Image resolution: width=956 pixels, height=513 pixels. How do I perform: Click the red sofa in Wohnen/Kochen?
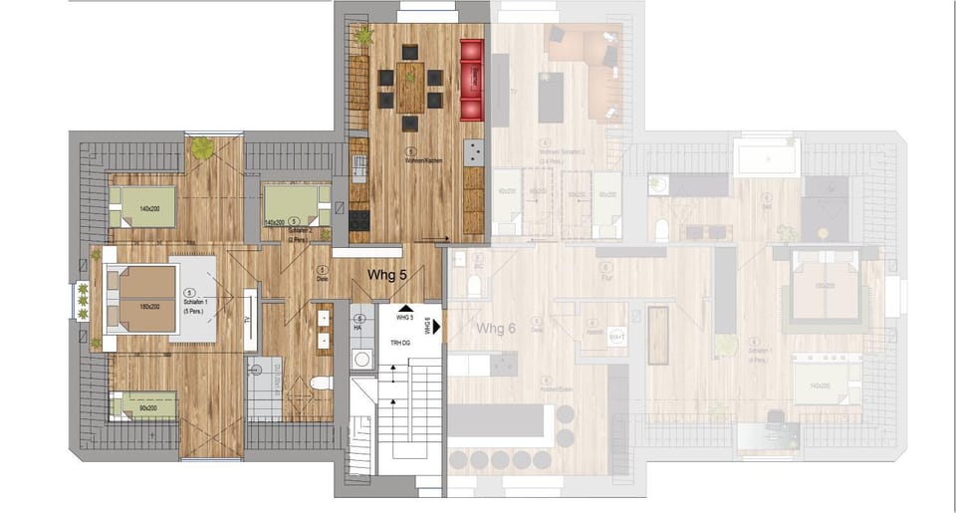tap(471, 79)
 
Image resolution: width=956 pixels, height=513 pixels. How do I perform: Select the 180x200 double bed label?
tap(150, 306)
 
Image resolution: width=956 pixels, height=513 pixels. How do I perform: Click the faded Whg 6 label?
tap(497, 329)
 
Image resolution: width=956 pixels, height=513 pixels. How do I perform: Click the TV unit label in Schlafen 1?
tap(244, 320)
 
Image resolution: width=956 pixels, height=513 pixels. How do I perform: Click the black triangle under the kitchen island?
tap(406, 310)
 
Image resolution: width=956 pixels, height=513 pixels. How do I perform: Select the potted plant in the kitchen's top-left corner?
tap(363, 37)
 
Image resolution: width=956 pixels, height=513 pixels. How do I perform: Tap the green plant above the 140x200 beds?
tap(203, 148)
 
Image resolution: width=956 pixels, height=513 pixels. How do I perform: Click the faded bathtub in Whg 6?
tap(766, 157)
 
